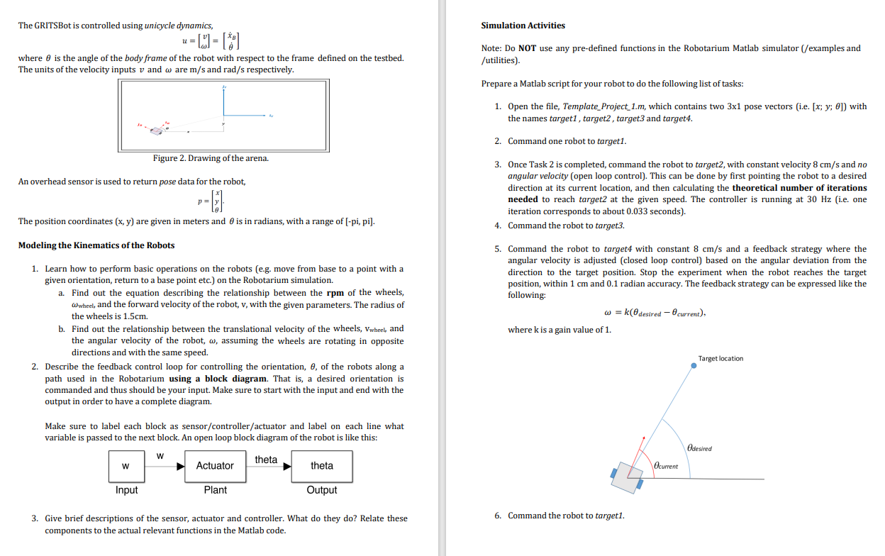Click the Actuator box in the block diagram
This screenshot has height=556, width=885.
[215, 466]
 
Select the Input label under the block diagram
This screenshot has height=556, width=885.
[126, 490]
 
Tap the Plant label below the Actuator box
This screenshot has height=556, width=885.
[215, 490]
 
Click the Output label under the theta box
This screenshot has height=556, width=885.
[322, 490]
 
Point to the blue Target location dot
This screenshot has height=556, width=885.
[694, 366]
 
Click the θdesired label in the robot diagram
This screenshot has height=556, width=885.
[699, 448]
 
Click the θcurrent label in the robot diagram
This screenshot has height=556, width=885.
[666, 466]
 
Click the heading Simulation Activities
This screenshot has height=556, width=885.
[523, 26]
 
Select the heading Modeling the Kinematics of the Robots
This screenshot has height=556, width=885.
[96, 245]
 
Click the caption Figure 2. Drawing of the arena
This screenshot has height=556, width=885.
[211, 158]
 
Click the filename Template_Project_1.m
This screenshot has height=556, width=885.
[603, 106]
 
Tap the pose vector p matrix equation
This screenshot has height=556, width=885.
[212, 201]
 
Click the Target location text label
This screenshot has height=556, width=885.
[720, 359]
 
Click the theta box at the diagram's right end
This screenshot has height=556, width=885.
[322, 466]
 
